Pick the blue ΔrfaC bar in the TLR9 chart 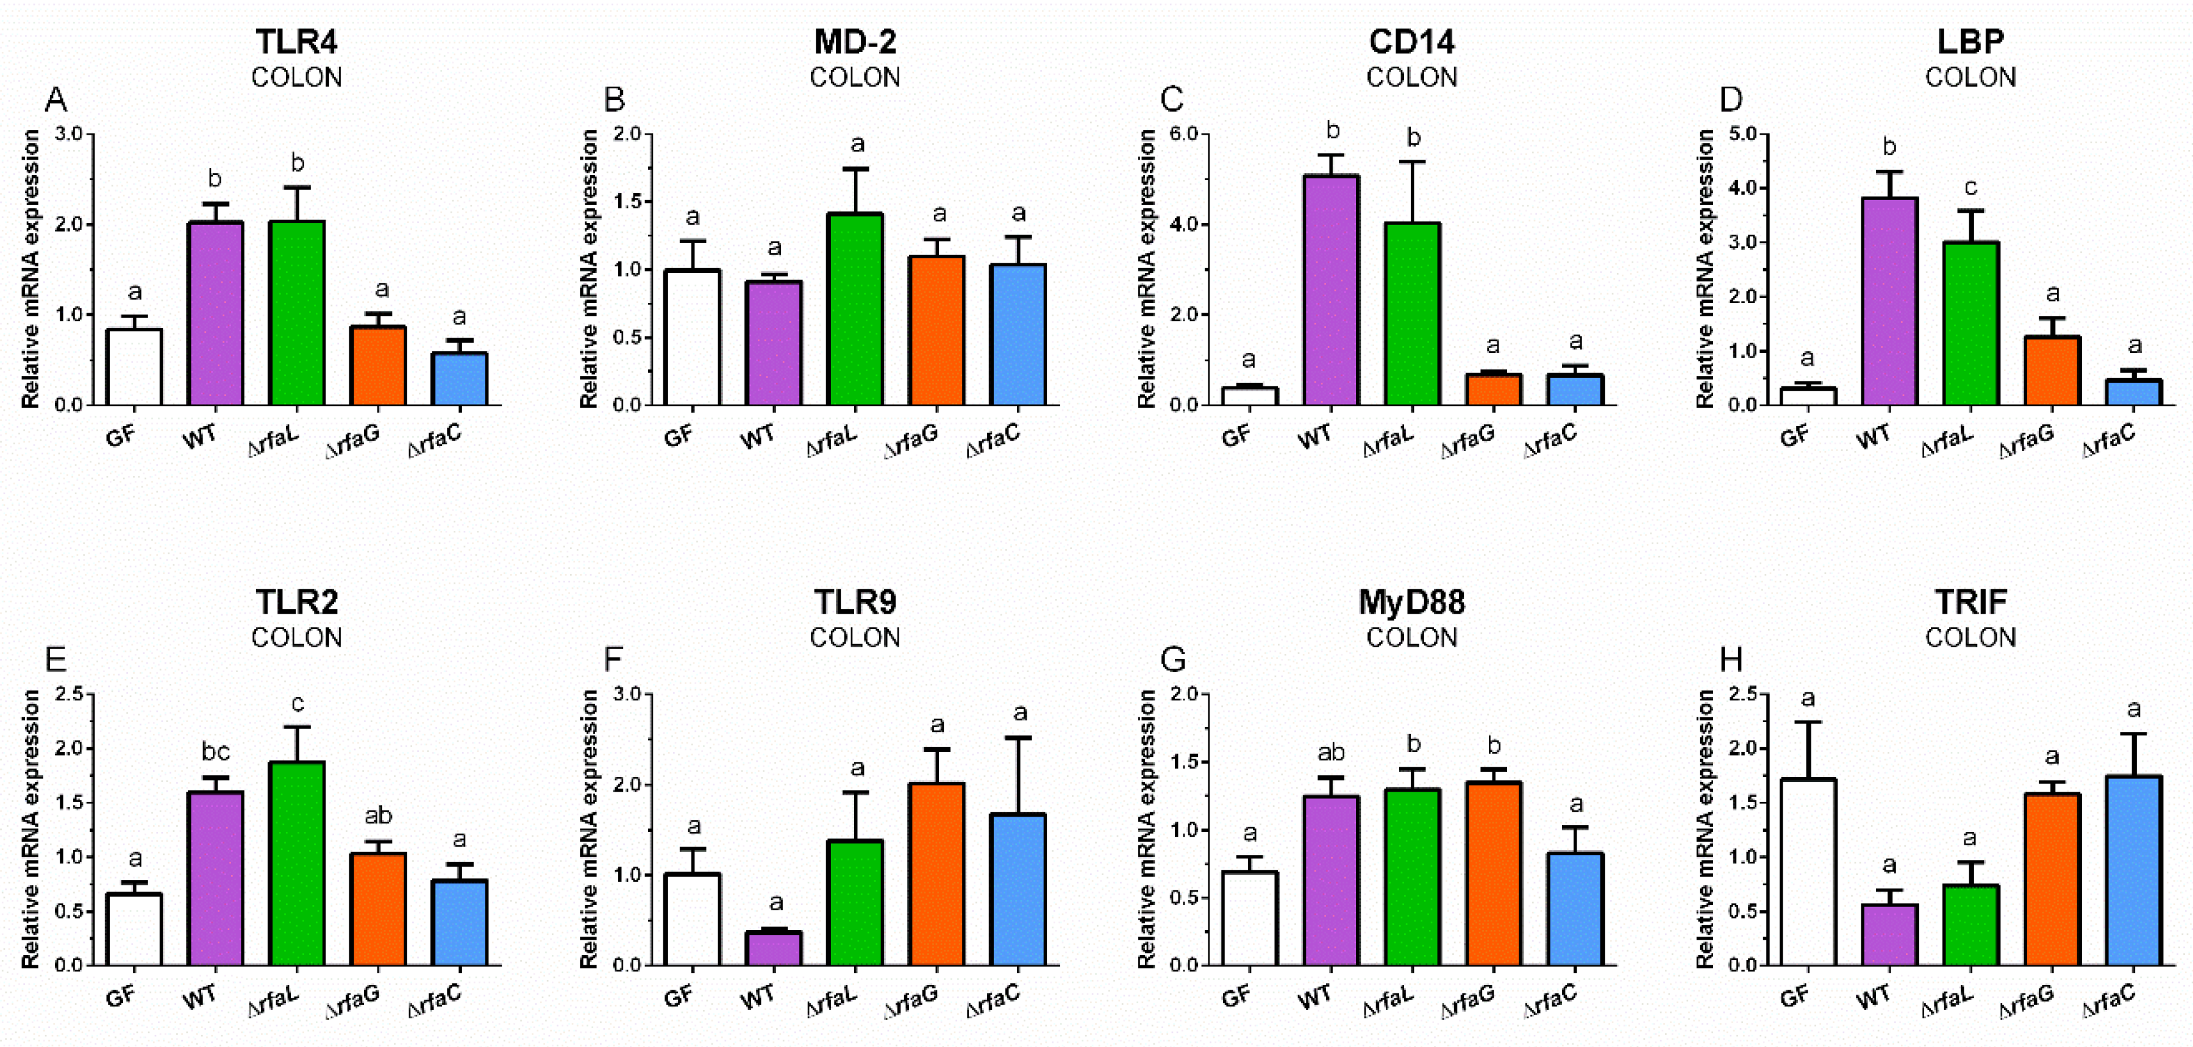click(1018, 890)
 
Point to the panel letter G click(1172, 659)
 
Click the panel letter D click(1731, 99)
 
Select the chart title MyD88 click(1411, 602)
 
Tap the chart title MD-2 click(854, 41)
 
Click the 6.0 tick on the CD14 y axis click(1181, 135)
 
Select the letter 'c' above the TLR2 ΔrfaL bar click(297, 703)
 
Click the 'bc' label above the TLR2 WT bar click(215, 751)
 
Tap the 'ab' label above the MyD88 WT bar click(1330, 753)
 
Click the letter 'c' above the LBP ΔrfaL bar click(1970, 186)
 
